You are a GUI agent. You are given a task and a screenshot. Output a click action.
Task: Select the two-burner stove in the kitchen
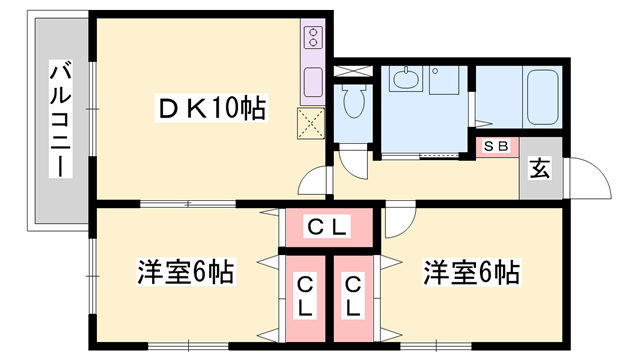(x=311, y=40)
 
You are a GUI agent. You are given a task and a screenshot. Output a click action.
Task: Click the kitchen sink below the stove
(x=311, y=79)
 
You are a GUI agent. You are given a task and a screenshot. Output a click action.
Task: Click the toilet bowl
(x=351, y=100)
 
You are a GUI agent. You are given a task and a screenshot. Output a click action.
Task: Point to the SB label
(x=496, y=146)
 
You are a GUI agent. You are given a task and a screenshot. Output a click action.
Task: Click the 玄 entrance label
(x=539, y=168)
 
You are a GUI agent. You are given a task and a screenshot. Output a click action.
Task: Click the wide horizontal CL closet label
(x=327, y=228)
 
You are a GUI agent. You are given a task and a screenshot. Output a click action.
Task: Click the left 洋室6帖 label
(x=187, y=272)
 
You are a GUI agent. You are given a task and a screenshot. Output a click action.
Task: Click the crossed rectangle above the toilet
(x=351, y=72)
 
